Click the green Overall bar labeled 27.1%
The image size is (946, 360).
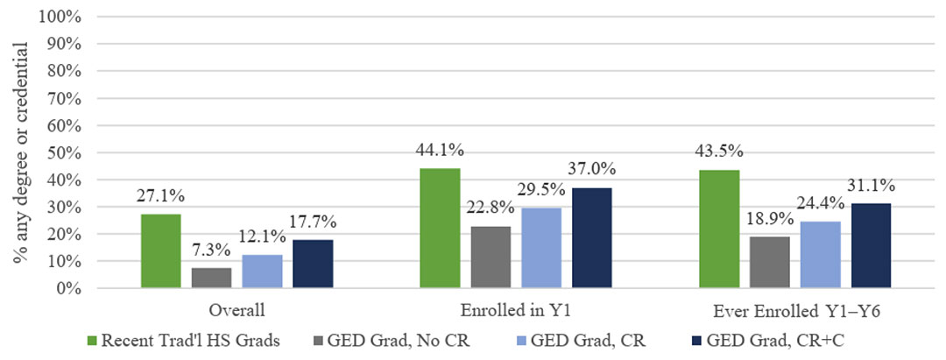point(160,251)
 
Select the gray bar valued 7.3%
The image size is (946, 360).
point(211,278)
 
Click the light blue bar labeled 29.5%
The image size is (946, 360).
point(541,248)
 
